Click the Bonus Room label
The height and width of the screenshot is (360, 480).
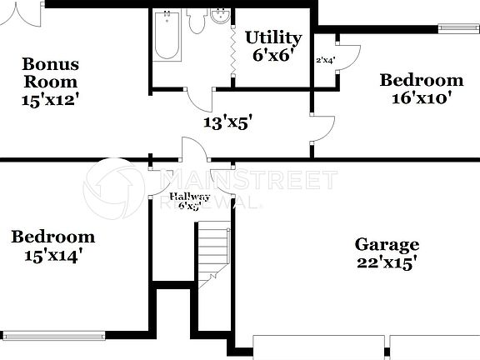pos(50,72)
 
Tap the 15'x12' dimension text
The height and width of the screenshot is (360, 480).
pos(50,99)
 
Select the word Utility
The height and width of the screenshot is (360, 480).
pos(272,37)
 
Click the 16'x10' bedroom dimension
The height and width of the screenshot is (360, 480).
pos(421,98)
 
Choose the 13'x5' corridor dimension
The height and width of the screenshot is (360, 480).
pos(228,122)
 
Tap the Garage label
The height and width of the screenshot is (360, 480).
pos(387,244)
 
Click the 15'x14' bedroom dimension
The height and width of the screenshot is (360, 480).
pos(52,255)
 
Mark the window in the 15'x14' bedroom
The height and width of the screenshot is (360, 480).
pos(54,337)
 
